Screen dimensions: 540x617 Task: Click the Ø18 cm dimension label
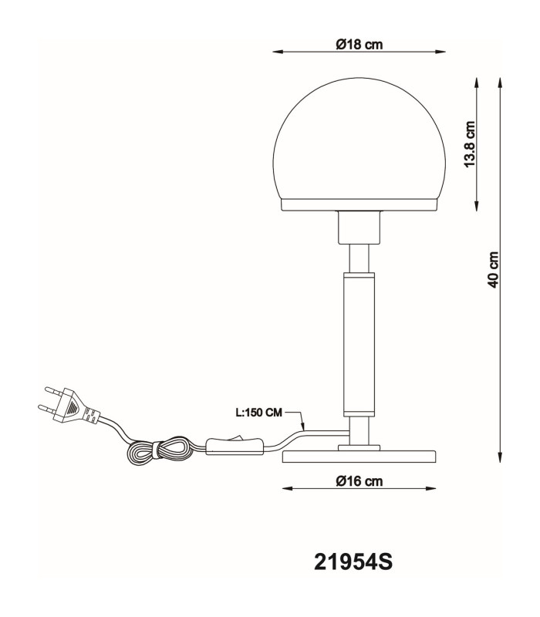359,44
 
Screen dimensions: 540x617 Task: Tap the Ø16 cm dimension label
359,480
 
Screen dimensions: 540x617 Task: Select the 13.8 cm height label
470,144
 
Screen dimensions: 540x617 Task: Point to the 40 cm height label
493,270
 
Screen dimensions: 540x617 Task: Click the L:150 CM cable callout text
259,413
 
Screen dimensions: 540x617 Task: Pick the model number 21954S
353,562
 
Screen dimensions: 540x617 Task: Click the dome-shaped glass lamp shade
359,139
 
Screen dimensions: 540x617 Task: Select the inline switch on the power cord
235,447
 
